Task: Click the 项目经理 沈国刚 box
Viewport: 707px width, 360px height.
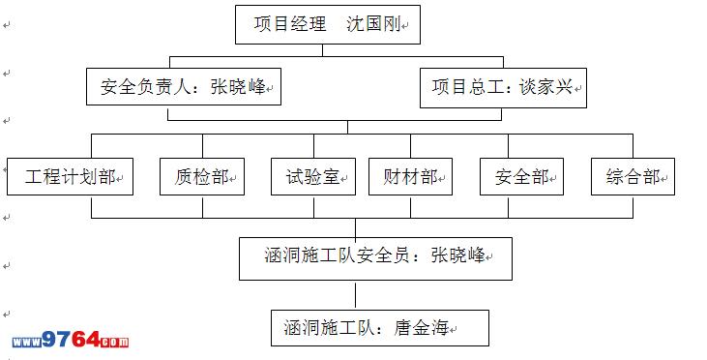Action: [328, 25]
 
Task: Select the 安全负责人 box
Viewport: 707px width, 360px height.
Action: [184, 87]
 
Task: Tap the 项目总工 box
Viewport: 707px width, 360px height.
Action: [503, 88]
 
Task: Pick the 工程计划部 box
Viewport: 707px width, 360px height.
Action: [70, 176]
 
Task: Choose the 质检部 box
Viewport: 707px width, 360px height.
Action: [202, 176]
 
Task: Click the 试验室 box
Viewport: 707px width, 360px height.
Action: [313, 176]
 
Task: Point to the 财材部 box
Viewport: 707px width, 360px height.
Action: [410, 176]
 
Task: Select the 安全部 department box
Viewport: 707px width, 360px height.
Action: [521, 176]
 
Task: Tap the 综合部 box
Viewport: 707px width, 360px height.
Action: [633, 176]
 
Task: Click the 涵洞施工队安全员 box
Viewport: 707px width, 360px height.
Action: [375, 259]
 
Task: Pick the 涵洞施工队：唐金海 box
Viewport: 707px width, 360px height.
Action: [380, 328]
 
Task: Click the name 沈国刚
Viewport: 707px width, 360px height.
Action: [373, 24]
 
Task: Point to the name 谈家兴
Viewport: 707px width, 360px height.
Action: [546, 87]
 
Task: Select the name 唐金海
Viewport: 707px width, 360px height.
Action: [422, 327]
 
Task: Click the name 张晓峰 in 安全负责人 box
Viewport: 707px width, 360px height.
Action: [238, 87]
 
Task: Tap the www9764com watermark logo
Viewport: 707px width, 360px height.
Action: [71, 340]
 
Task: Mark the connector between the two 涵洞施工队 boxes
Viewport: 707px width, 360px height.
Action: [355, 295]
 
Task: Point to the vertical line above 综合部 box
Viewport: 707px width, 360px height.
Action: [633, 146]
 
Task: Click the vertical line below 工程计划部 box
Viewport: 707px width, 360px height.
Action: [92, 207]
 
